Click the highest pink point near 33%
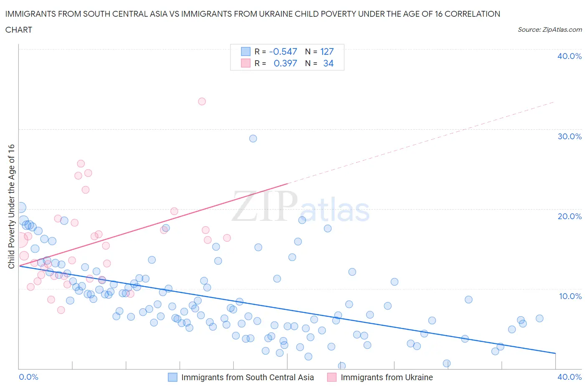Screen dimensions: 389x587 (x=202, y=101)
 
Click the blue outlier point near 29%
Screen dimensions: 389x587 (x=253, y=138)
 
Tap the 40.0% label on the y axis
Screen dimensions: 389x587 (x=569, y=56)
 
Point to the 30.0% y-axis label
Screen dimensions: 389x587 (x=569, y=136)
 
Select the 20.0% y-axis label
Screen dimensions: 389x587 (x=569, y=216)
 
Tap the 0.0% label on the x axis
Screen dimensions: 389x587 (x=29, y=377)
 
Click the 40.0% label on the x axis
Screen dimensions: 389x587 (x=569, y=377)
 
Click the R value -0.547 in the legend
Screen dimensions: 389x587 (x=283, y=51)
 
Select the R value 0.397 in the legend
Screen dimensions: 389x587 (x=285, y=63)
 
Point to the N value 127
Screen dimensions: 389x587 (x=327, y=51)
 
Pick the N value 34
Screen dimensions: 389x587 (x=328, y=63)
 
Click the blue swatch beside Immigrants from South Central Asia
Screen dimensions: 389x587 (x=172, y=377)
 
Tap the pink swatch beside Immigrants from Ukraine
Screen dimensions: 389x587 (x=332, y=377)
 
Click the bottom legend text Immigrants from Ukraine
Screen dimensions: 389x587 (x=387, y=377)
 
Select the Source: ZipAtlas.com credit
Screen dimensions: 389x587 (x=549, y=29)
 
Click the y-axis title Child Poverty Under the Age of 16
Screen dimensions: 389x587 (x=11, y=206)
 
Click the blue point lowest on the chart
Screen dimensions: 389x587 (x=342, y=366)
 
